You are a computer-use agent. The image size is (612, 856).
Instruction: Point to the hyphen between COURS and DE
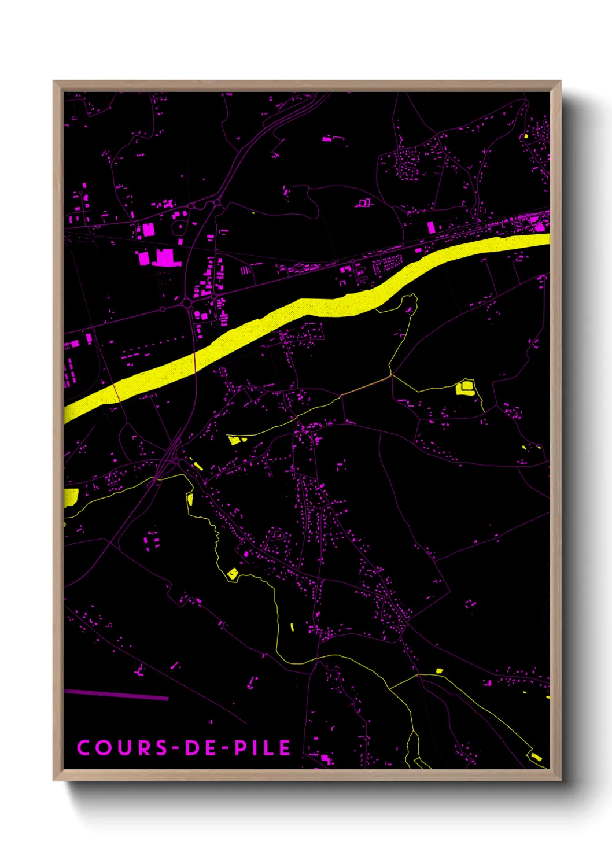[178, 748]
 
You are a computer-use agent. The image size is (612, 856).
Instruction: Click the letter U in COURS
[123, 748]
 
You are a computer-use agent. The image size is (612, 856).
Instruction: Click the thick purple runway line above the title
[116, 695]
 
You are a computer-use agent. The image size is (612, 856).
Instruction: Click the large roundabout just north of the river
[187, 302]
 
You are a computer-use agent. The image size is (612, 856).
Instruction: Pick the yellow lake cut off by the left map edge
[71, 497]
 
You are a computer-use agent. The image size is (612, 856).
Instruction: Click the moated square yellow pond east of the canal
[465, 387]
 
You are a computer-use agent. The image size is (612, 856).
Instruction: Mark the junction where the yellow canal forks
[392, 375]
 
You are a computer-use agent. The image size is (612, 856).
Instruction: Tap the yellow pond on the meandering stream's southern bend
[233, 573]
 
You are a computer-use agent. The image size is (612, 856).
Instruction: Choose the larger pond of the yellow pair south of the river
[233, 440]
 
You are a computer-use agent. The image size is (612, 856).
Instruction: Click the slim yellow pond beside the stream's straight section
[292, 626]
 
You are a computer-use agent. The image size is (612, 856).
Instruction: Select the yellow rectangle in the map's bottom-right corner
[536, 756]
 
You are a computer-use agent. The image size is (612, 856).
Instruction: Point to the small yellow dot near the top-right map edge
[526, 136]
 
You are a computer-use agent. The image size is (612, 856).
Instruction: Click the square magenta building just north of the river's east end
[431, 227]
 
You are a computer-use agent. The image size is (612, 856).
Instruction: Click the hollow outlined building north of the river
[363, 203]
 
